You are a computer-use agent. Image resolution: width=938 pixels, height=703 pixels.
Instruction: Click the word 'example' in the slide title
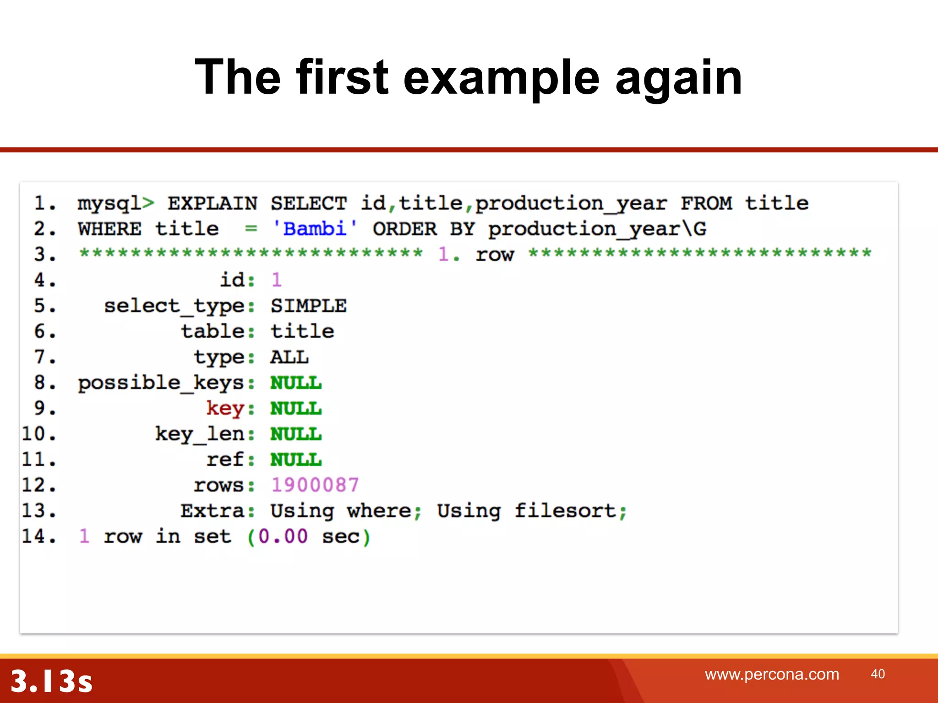point(501,78)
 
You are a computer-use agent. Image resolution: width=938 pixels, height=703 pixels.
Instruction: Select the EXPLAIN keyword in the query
point(213,204)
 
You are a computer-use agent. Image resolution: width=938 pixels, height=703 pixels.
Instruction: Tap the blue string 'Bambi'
point(315,229)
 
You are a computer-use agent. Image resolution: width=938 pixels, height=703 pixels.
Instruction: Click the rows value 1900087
point(315,485)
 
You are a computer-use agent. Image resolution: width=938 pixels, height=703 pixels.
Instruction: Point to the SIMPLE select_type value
point(308,306)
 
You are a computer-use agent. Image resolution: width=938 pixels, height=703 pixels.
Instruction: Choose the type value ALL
point(289,357)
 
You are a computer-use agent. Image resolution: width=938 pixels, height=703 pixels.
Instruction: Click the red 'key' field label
point(225,408)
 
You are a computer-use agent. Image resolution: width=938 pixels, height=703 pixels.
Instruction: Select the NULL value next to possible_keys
point(296,383)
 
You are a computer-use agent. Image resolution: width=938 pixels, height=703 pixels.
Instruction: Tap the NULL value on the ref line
point(296,460)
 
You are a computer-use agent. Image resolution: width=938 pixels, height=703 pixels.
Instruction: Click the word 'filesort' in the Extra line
point(565,511)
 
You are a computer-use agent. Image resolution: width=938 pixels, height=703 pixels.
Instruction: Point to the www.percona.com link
point(772,674)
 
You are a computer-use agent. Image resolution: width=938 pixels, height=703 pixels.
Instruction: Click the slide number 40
point(878,674)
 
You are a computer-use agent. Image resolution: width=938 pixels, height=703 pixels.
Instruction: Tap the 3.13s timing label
point(51,681)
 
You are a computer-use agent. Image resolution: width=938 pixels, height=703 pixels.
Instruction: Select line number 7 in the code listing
point(45,357)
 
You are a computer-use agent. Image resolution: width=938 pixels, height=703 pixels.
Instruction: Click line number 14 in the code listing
point(39,536)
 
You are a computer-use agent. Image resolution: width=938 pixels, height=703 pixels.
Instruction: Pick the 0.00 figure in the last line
point(283,536)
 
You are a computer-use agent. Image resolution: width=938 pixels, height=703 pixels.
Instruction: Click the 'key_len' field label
point(200,434)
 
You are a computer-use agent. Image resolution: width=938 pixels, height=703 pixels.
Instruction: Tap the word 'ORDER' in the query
point(404,229)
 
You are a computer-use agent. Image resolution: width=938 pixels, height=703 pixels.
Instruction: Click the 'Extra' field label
point(213,511)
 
